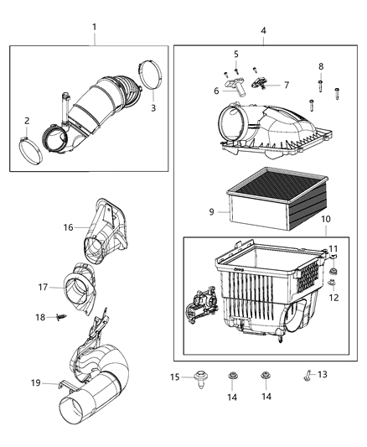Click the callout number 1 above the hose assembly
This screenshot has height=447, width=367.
pyautogui.click(x=95, y=28)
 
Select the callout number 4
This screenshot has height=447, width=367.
pyautogui.click(x=263, y=31)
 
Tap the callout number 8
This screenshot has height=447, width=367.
pyautogui.click(x=320, y=66)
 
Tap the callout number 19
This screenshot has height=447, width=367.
pyautogui.click(x=36, y=382)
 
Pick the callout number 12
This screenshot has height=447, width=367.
pyautogui.click(x=333, y=297)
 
